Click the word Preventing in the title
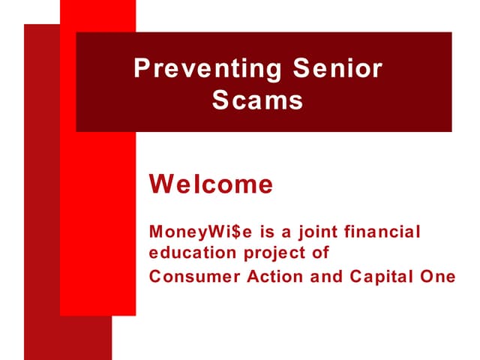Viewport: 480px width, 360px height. [x=205, y=70]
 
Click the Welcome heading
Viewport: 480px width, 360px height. [x=211, y=184]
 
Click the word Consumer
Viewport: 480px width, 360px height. [x=191, y=276]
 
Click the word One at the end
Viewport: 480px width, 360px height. [x=439, y=276]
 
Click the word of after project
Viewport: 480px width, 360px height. [x=321, y=253]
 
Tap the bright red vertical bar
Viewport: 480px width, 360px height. [x=97, y=225]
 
